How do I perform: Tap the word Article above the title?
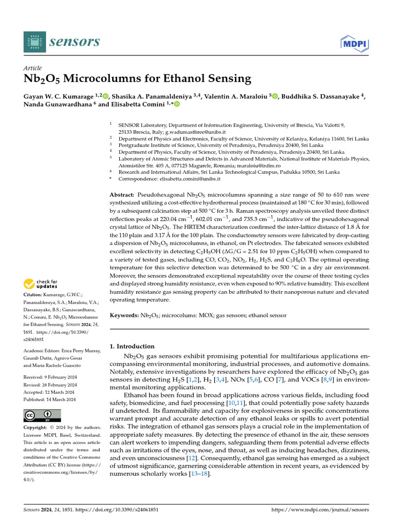click(33, 68)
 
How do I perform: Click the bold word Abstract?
click(122, 195)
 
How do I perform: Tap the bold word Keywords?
click(124, 315)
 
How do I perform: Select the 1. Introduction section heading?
click(133, 346)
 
